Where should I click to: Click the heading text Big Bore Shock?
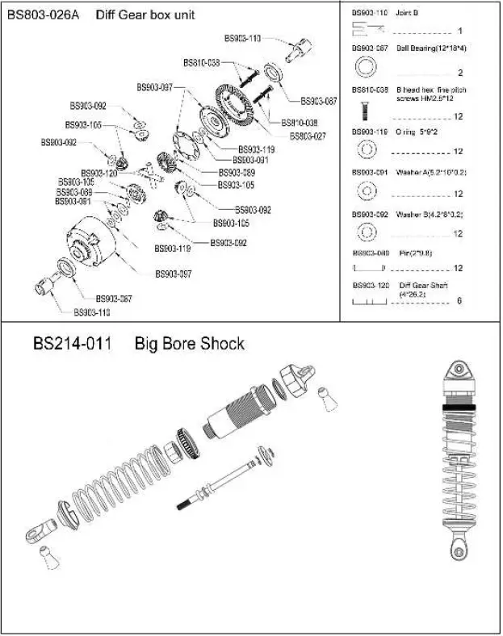(x=189, y=344)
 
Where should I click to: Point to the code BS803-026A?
(x=44, y=15)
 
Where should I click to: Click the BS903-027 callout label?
(x=308, y=136)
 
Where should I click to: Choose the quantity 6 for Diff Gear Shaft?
(x=459, y=301)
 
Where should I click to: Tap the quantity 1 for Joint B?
(x=459, y=31)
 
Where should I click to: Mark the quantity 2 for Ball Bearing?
(x=459, y=73)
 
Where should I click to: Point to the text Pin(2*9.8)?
(x=414, y=253)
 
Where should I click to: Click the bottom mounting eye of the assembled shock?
(x=459, y=552)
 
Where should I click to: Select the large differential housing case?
(x=89, y=241)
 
